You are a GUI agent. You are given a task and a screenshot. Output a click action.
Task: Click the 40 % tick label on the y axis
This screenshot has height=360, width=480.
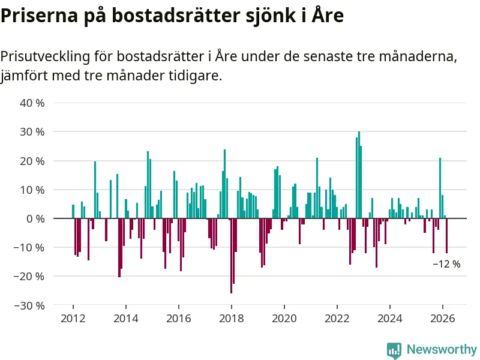pos(32,103)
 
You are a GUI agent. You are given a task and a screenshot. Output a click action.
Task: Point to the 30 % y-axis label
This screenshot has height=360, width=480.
pos(32,131)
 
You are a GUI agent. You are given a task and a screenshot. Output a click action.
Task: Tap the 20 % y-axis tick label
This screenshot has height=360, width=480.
pos(32,161)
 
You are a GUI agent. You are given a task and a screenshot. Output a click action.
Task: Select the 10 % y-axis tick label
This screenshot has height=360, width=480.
pos(32,190)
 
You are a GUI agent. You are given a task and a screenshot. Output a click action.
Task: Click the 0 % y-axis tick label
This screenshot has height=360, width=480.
pos(35,218)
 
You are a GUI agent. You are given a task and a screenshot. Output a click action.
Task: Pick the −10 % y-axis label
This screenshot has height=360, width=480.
pos(30,247)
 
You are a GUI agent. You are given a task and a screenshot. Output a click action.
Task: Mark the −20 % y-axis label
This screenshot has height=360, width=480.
pos(30,277)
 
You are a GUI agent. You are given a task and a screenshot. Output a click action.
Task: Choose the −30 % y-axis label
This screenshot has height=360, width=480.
pos(30,305)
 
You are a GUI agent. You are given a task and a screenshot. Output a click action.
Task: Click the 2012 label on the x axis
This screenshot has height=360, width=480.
pos(73,318)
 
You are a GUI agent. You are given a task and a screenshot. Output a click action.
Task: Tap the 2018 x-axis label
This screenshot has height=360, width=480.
pos(231,318)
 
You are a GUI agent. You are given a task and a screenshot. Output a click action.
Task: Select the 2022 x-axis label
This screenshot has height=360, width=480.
pos(337,318)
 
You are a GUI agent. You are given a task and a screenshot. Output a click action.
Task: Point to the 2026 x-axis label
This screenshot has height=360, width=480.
pos(443,318)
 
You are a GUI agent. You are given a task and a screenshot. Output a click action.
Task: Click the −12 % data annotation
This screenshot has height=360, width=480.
pos(446,264)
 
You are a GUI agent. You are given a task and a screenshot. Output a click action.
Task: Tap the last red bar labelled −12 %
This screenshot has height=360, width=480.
pos(446,236)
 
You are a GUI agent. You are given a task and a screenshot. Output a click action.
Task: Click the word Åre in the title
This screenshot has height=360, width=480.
pos(328,16)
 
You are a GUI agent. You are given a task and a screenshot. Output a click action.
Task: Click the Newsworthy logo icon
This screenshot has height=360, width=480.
pos(394,350)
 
